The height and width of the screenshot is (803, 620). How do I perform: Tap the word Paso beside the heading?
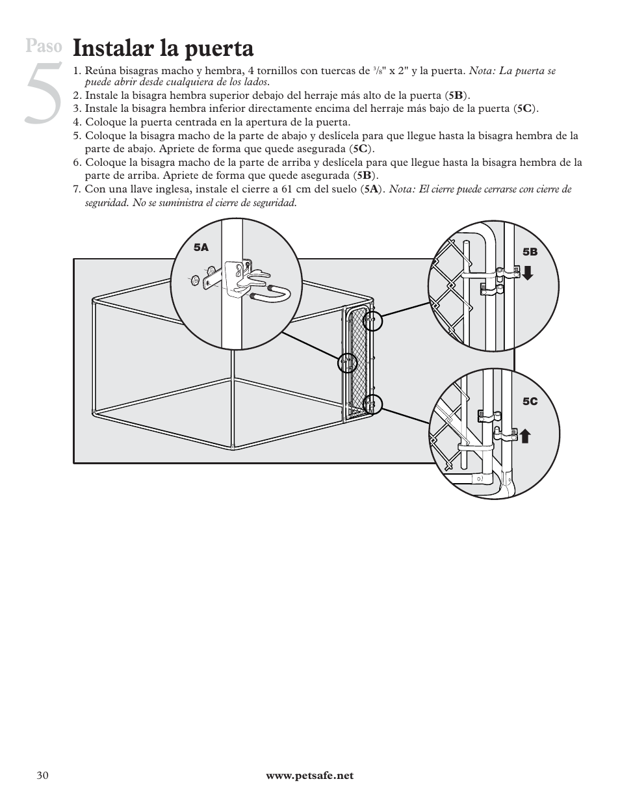(x=45, y=46)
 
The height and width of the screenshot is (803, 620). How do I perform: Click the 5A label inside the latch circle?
(x=201, y=248)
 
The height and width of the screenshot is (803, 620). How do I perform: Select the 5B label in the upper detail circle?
(x=530, y=252)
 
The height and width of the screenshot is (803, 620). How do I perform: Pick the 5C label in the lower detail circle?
(x=530, y=402)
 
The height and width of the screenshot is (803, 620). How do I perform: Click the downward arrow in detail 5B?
(x=527, y=272)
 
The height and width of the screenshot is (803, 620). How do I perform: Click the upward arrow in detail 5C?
(x=524, y=435)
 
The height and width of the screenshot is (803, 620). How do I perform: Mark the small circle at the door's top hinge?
(x=372, y=321)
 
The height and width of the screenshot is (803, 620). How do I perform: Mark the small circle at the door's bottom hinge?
(x=372, y=404)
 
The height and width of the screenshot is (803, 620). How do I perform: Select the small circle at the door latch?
(x=348, y=363)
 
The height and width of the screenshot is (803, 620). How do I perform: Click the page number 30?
(x=42, y=776)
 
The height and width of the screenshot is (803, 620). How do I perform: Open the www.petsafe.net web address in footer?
(x=310, y=776)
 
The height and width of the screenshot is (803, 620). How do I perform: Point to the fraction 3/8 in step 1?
(x=378, y=70)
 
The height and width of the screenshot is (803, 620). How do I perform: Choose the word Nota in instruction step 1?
(x=482, y=70)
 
